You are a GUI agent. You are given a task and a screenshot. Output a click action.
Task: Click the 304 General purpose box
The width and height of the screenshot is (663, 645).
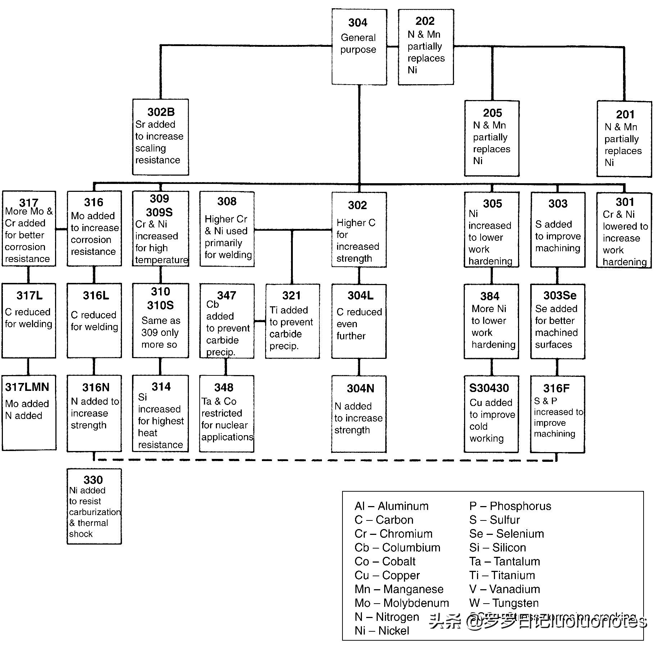pyautogui.click(x=359, y=47)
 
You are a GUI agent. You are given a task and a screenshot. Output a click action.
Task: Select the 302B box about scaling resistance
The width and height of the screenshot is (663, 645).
pyautogui.click(x=160, y=137)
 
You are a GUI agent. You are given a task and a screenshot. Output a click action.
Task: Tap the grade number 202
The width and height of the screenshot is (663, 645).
pyautogui.click(x=425, y=21)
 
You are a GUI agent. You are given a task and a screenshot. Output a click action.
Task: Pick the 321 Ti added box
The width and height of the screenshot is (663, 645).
pyautogui.click(x=292, y=321)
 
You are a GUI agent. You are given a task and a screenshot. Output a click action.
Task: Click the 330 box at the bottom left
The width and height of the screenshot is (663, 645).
pyautogui.click(x=94, y=506)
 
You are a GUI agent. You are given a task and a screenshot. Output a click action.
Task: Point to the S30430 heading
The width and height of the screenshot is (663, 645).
pyautogui.click(x=489, y=388)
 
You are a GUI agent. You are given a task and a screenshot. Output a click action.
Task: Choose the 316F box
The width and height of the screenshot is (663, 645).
pyautogui.click(x=557, y=414)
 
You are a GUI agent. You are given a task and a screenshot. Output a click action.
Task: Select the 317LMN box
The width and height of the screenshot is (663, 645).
pyautogui.click(x=29, y=412)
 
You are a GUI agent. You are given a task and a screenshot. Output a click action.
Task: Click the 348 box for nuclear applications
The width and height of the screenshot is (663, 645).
pyautogui.click(x=227, y=414)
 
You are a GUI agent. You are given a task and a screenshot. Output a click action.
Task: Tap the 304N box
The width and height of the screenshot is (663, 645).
pyautogui.click(x=359, y=414)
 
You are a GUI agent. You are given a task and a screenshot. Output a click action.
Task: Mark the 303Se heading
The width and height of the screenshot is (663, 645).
pyautogui.click(x=560, y=296)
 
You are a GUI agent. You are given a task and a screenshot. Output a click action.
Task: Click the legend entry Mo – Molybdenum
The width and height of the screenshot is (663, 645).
pyautogui.click(x=401, y=603)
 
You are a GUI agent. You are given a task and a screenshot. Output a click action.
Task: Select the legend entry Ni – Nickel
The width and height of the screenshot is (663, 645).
pyautogui.click(x=382, y=631)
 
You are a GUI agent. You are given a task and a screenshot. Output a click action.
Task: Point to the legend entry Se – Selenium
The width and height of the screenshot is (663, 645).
pyautogui.click(x=507, y=534)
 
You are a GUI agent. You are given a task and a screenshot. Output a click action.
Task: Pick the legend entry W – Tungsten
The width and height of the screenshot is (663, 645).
pyautogui.click(x=504, y=603)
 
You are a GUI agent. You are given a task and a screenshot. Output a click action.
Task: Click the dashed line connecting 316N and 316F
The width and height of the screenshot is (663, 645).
pyautogui.click(x=324, y=460)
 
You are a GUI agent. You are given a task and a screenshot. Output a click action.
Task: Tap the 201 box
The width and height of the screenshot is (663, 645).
pyautogui.click(x=624, y=139)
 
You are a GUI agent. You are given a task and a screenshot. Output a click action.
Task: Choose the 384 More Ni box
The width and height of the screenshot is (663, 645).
pyautogui.click(x=491, y=321)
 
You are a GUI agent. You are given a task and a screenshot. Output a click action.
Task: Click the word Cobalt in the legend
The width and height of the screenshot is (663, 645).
pyautogui.click(x=399, y=561)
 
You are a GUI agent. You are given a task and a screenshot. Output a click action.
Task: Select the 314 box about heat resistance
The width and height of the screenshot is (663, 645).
pyautogui.click(x=160, y=414)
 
